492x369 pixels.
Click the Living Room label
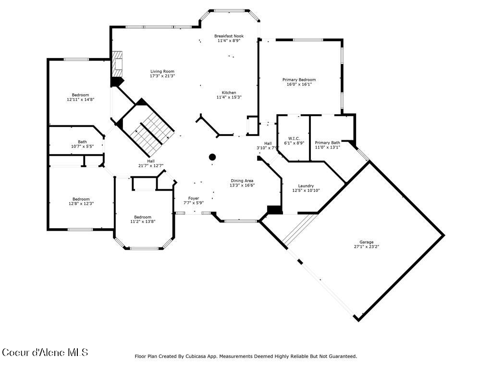162,71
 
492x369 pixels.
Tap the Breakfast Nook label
229,36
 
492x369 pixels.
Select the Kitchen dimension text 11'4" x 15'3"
229,97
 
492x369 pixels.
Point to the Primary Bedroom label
299,80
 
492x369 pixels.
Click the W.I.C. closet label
294,138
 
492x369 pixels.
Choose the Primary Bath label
328,143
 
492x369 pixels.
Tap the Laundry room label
306,186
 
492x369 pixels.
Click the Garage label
367,242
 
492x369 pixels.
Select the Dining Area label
242,181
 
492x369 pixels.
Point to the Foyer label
194,198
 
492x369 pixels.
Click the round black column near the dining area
212,157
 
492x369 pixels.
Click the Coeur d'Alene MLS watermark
45,352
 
